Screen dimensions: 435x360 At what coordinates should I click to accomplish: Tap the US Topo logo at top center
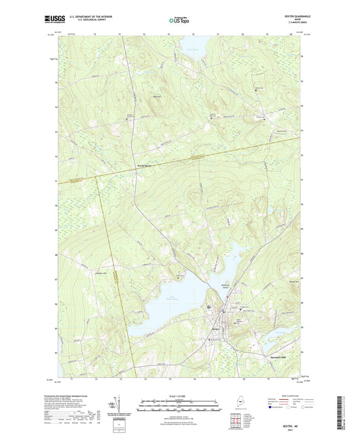179,21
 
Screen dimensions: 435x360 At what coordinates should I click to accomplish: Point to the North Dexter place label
142,165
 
